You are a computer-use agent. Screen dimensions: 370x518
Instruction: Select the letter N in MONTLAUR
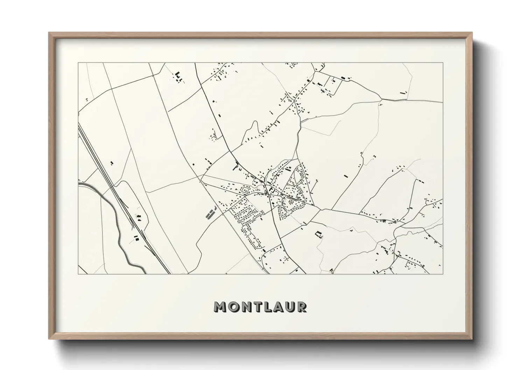click(x=246, y=307)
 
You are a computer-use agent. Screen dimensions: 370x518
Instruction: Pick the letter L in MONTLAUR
click(x=268, y=307)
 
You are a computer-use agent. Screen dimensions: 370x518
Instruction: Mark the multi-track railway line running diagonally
click(x=115, y=196)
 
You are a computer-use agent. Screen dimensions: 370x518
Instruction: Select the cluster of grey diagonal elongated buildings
click(x=211, y=213)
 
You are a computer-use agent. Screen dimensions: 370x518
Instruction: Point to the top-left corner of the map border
click(x=78, y=63)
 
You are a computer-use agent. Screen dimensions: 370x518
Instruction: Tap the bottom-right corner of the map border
click(x=443, y=274)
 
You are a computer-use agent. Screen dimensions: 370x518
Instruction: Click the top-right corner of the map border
click(x=443, y=63)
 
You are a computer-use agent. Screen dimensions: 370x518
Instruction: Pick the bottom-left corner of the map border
click(x=78, y=274)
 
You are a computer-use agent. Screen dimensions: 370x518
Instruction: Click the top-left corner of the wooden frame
click(x=49, y=33)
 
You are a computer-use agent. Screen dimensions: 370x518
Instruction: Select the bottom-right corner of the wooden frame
click(x=472, y=339)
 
